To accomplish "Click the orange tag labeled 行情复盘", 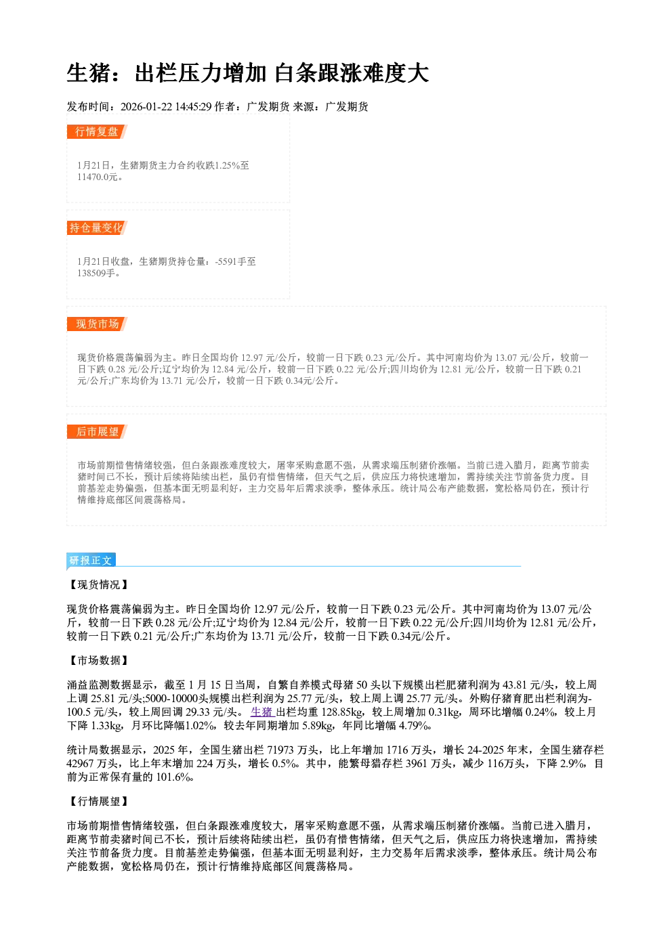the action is tap(97, 132).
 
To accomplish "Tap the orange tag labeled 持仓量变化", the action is tap(97, 228).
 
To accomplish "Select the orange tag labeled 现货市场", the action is tap(97, 324).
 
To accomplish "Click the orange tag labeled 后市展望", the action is tap(97, 432).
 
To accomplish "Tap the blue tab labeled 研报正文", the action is tap(91, 561).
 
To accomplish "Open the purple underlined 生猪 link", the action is tap(261, 712).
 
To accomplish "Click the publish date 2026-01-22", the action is tap(146, 106).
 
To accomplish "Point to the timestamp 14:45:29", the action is tap(193, 106).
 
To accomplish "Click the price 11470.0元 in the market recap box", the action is tap(97, 177).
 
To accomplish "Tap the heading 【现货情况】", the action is tap(98, 585).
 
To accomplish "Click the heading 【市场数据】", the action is tap(98, 660).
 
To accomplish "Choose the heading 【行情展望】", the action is tap(98, 801).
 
